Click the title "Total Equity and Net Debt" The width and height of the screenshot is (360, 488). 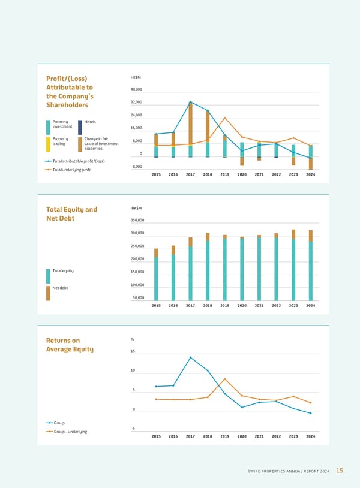point(71,214)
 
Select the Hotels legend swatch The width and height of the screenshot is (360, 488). point(80,126)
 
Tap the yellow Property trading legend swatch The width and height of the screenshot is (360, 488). point(48,144)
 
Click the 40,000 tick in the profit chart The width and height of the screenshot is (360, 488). point(136,89)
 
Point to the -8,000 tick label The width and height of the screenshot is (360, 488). point(136,166)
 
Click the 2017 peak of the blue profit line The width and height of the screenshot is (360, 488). point(190,102)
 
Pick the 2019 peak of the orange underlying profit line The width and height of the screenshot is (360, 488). point(225,118)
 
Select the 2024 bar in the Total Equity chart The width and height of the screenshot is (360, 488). point(311,265)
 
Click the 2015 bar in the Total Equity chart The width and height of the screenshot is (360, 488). point(156,274)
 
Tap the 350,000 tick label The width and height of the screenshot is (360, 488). point(137,220)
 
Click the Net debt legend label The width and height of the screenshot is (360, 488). point(61,288)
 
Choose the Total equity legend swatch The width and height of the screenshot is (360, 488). point(48,276)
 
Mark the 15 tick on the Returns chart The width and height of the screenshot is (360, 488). point(133,351)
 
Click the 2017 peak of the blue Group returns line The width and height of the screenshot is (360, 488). point(190,357)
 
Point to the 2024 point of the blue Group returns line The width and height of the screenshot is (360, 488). point(311,413)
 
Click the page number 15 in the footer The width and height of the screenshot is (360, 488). point(340,471)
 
